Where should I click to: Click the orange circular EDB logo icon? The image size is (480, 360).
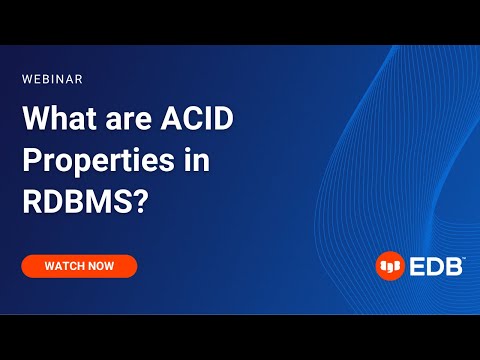[389, 266]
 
